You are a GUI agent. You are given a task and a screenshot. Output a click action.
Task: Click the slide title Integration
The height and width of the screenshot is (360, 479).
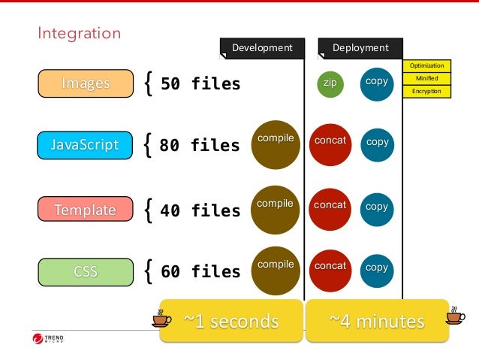[80, 33]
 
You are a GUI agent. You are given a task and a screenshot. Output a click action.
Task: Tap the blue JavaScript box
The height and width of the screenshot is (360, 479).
[84, 144]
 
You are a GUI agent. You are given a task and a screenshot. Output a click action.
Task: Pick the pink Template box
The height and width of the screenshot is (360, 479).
[84, 210]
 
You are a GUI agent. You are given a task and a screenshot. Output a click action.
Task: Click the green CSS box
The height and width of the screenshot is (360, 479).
[84, 271]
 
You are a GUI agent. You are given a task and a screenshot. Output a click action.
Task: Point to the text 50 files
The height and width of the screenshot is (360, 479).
[200, 83]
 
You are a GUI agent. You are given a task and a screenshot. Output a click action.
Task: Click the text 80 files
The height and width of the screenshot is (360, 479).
[200, 144]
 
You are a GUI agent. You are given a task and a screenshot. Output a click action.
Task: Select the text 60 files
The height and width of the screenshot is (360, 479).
[200, 271]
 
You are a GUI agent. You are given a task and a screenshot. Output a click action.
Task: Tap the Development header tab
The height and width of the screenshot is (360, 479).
[262, 48]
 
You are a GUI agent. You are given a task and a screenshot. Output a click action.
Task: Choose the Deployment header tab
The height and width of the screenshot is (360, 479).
[360, 48]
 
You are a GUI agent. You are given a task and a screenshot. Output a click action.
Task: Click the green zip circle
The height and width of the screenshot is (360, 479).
[330, 83]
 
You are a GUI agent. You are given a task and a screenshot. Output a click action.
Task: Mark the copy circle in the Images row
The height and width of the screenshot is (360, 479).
[377, 83]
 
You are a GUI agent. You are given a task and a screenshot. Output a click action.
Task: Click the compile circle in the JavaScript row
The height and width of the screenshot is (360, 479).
[276, 144]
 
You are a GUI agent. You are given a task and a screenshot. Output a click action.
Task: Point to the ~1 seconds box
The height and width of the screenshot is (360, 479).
[231, 322]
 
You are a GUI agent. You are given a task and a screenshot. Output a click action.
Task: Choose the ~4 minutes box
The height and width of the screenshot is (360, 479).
[377, 322]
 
